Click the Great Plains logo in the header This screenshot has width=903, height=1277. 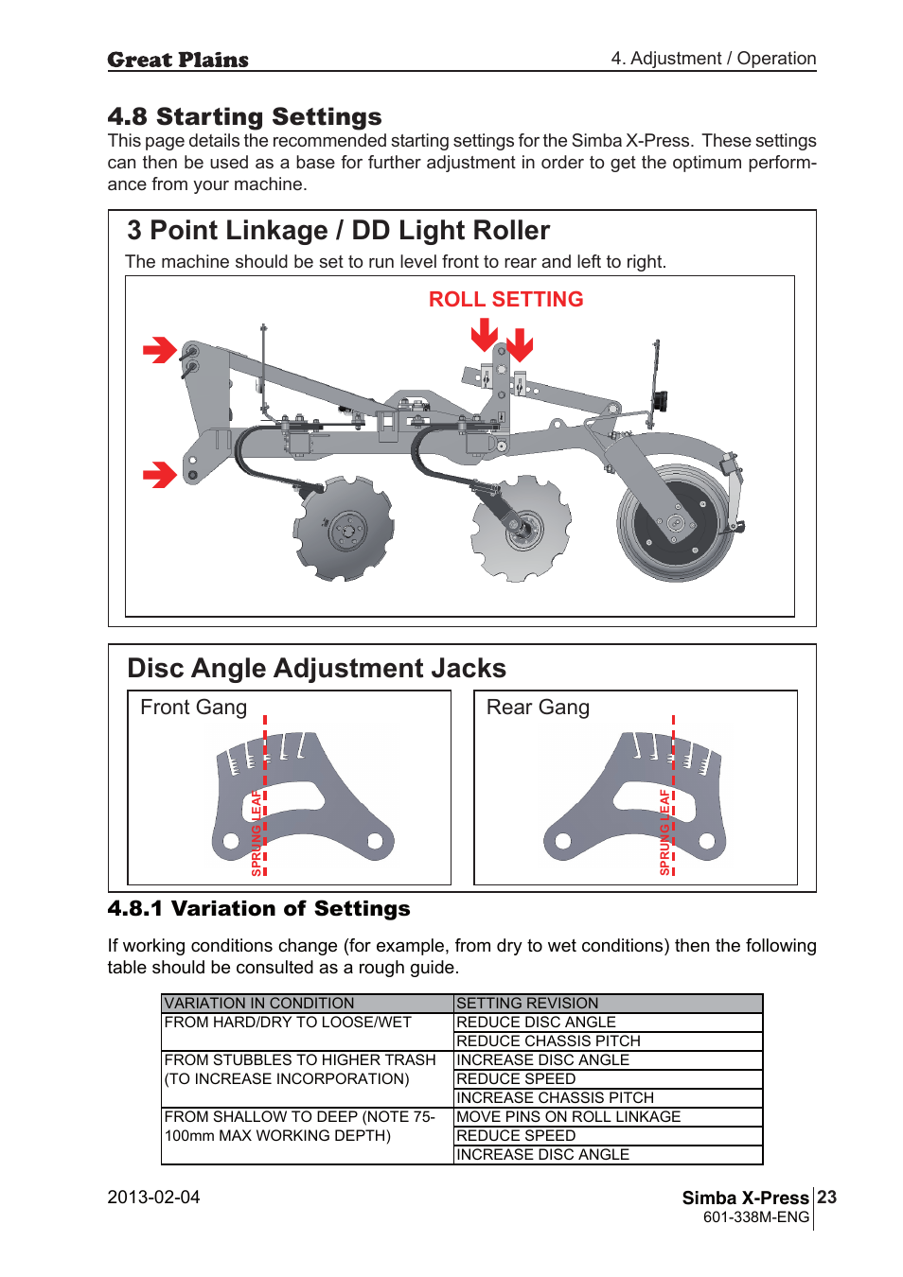coord(178,60)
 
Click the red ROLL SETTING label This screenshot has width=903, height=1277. coord(505,299)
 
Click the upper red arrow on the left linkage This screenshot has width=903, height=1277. coord(160,350)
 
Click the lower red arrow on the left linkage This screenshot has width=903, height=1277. coord(160,474)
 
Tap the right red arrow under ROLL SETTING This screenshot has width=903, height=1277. coord(520,345)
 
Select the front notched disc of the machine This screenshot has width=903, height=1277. coord(345,529)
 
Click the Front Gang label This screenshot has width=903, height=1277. coord(193,708)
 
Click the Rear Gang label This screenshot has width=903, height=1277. coord(538,708)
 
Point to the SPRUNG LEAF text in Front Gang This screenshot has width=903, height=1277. coord(257,832)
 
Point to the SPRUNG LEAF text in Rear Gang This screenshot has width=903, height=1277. coord(664,831)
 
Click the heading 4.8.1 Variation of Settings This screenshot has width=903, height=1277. coord(258,908)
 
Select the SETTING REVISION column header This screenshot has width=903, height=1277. coord(527,1003)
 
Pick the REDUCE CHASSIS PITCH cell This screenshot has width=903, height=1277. coord(548,1041)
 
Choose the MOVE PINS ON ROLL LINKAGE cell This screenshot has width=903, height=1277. coord(568,1116)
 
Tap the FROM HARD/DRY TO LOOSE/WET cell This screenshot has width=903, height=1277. coord(288,1022)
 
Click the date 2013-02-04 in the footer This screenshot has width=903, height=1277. coord(153,1197)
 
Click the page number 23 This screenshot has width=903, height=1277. coord(826,1197)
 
